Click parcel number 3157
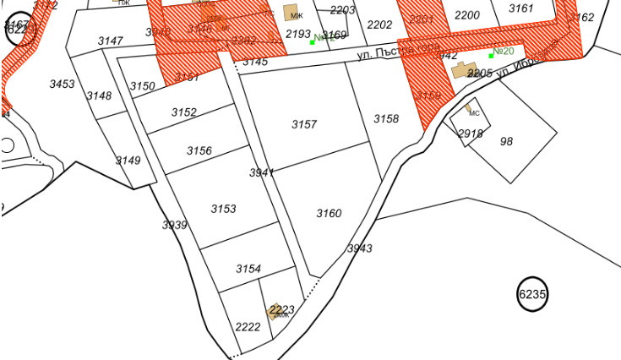point(304,124)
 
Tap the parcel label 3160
point(329,213)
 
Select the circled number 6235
point(532,294)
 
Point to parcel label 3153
point(223,209)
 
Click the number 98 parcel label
point(506,141)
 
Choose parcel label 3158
point(386,119)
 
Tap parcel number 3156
point(199,150)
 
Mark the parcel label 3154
point(248,269)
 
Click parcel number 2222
point(248,327)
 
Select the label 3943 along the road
point(359,248)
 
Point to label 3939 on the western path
point(174,225)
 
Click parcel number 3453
point(62,84)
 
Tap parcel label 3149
point(128,161)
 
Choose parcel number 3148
point(99,95)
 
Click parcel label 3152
point(183,112)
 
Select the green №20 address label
point(504,52)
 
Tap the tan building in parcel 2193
point(291,12)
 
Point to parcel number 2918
point(471,134)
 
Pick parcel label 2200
point(466,15)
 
